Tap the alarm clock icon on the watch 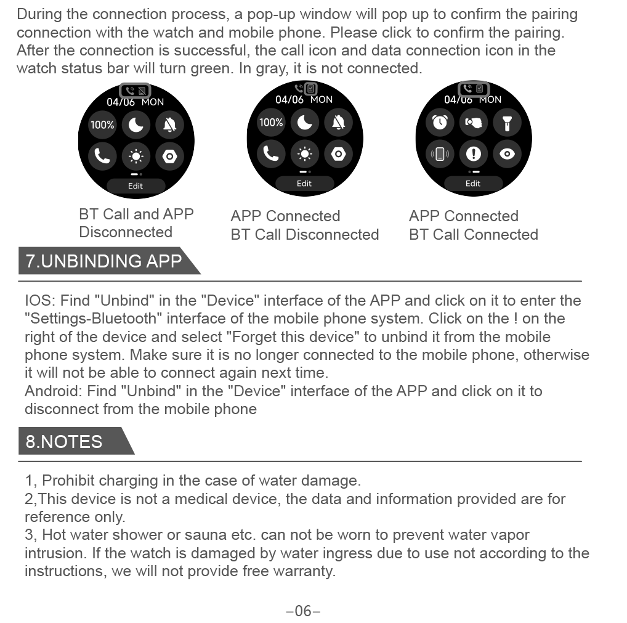pos(440,123)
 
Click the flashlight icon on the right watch pos(507,123)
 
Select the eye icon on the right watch pos(507,153)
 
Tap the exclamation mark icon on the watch pos(474,153)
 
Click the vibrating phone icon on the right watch pos(440,153)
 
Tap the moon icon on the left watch pos(136,126)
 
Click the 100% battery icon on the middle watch pos(271,123)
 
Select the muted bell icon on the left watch pos(169,126)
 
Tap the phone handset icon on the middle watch pos(271,153)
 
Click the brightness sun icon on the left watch pos(136,157)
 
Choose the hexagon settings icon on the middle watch pos(338,153)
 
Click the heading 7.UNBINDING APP pos(103,261)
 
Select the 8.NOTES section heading pos(64,442)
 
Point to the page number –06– pos(303,611)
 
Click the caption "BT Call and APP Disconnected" pos(136,223)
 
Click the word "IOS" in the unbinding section pos(39,301)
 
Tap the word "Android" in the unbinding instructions pos(53,391)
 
